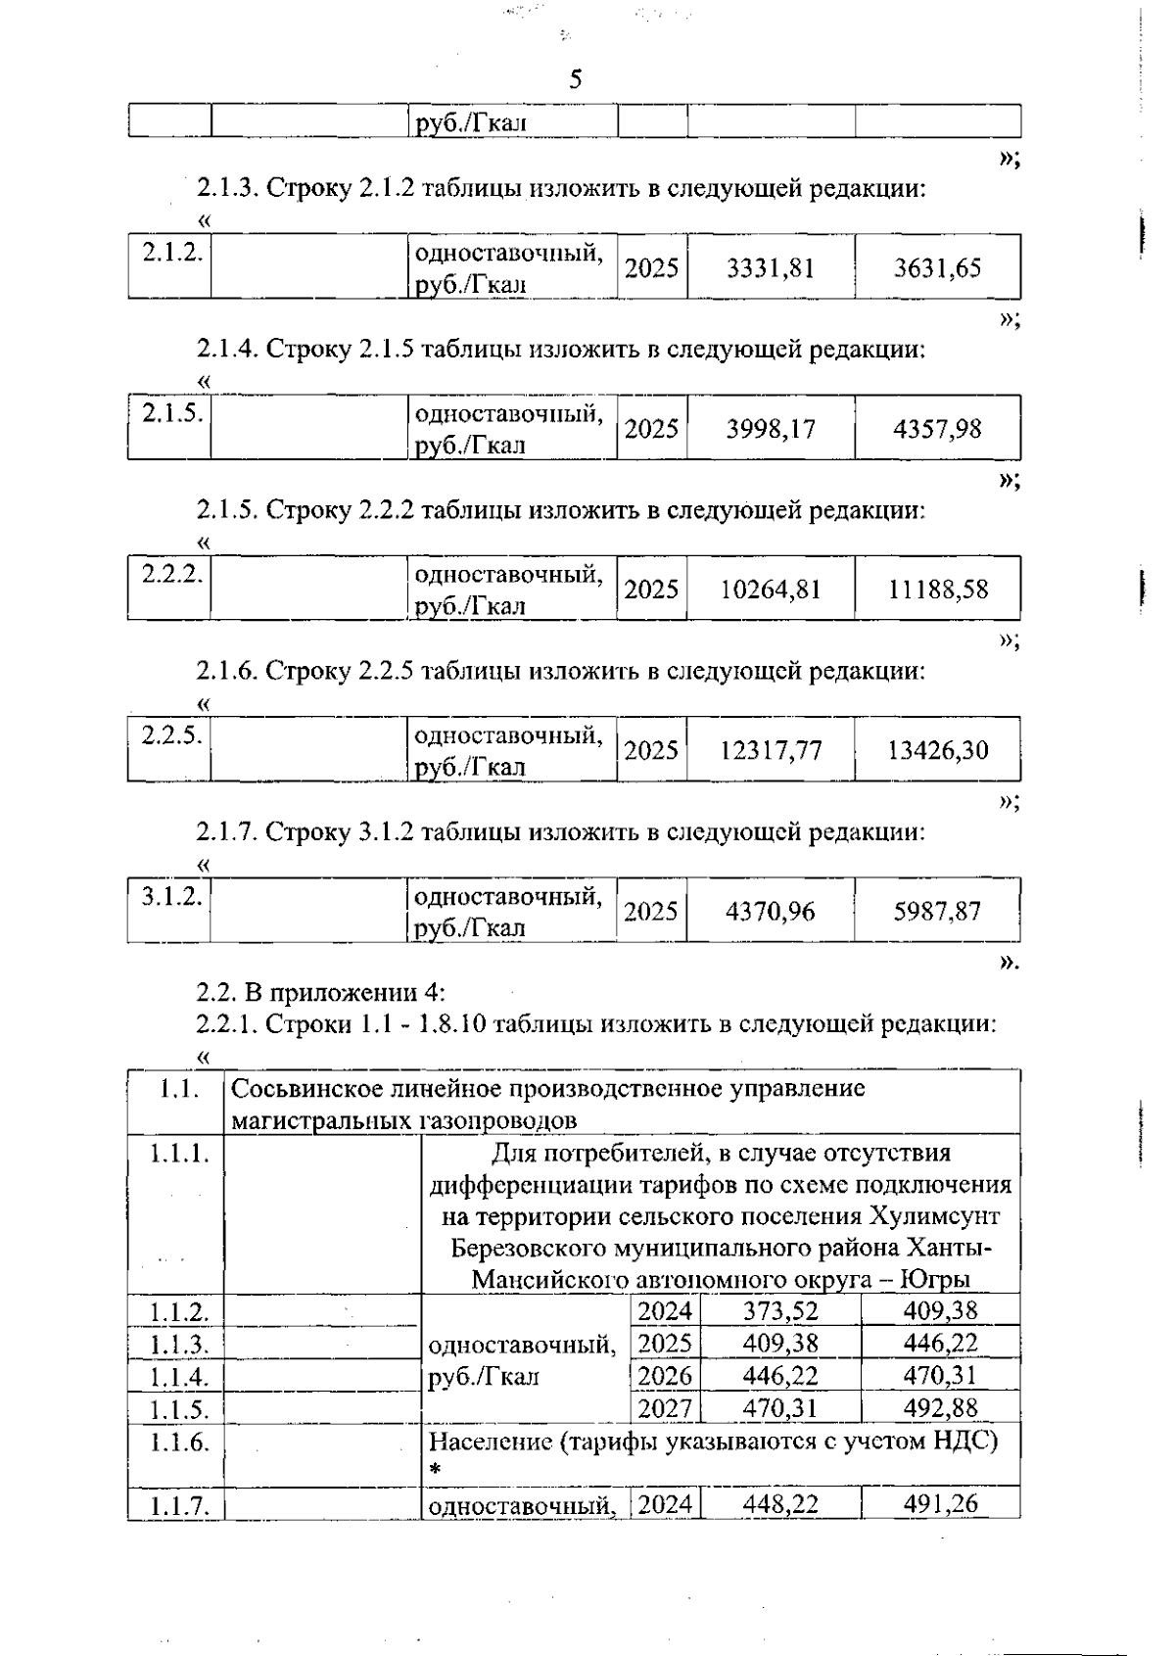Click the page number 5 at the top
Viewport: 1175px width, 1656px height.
coord(575,79)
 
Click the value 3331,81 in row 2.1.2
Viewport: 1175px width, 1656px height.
coord(770,268)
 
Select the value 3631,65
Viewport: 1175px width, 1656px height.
coord(937,268)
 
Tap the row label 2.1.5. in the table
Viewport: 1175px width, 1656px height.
coord(171,413)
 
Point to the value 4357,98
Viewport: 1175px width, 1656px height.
coord(937,429)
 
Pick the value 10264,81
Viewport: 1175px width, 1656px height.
coord(770,590)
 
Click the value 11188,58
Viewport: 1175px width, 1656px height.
coord(938,590)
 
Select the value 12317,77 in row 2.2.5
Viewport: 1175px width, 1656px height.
coord(770,751)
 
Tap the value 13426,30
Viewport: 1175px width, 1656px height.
coord(938,751)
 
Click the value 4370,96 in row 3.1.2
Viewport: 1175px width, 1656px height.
coord(770,912)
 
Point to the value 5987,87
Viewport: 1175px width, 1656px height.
coord(937,912)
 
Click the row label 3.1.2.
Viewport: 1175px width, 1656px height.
coord(171,896)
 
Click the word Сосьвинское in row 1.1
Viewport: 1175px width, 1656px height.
coord(306,1089)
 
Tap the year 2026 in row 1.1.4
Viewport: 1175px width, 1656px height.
coord(664,1376)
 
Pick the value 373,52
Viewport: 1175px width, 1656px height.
coord(780,1310)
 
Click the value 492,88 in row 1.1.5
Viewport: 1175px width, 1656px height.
coord(940,1408)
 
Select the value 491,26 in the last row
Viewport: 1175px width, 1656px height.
coord(940,1504)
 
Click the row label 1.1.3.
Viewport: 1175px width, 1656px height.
coord(178,1344)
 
